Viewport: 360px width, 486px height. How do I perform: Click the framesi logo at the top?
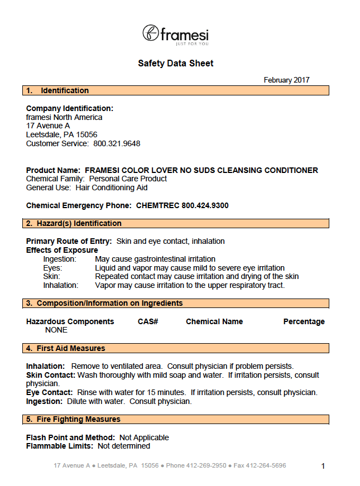pyautogui.click(x=175, y=35)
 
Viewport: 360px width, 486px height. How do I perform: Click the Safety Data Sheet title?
pyautogui.click(x=175, y=64)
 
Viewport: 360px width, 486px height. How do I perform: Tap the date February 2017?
pyautogui.click(x=286, y=80)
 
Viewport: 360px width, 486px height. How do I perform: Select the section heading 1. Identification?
pyautogui.click(x=57, y=90)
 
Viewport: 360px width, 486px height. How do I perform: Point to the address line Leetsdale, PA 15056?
pyautogui.click(x=61, y=134)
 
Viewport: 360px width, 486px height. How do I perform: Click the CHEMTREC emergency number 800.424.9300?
pyautogui.click(x=205, y=205)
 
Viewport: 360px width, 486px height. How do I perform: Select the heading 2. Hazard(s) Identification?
pyautogui.click(x=74, y=223)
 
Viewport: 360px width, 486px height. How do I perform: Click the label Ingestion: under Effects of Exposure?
pyautogui.click(x=60, y=259)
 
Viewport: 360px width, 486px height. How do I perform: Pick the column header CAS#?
pyautogui.click(x=148, y=321)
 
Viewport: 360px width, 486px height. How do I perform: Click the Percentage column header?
pyautogui.click(x=304, y=321)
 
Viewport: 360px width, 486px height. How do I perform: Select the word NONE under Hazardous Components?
pyautogui.click(x=56, y=330)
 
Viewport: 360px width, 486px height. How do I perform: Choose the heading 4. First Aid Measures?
pyautogui.click(x=66, y=348)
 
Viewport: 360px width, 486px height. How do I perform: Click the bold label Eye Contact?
pyautogui.click(x=50, y=392)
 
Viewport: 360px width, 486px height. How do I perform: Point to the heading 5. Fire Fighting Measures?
pyautogui.click(x=73, y=419)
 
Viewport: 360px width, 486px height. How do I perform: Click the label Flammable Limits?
pyautogui.click(x=60, y=446)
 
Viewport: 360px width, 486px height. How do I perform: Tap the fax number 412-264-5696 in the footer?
pyautogui.click(x=267, y=465)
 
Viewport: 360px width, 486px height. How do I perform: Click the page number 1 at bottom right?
pyautogui.click(x=323, y=466)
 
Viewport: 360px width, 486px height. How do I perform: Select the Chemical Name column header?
pyautogui.click(x=214, y=321)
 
